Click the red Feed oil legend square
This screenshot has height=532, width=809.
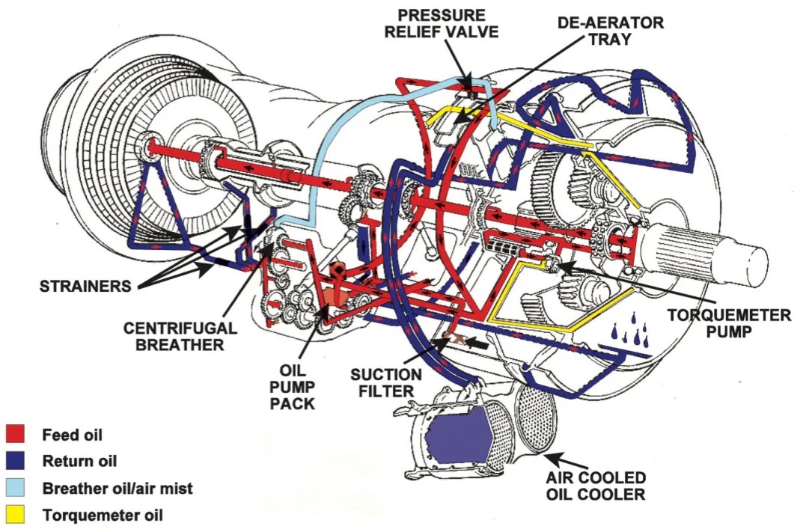16,435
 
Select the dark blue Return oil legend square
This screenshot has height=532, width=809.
16,462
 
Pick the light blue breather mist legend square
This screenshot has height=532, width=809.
16,489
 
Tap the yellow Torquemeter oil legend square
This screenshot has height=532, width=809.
16,516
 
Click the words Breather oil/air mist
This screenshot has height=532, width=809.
117,489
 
